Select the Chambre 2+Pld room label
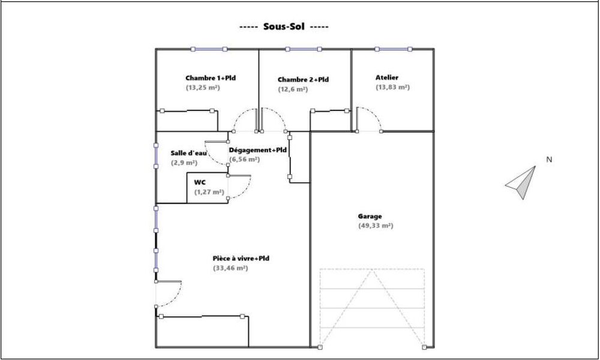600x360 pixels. tap(303, 80)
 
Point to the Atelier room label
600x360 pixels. tap(387, 77)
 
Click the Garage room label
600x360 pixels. tap(370, 216)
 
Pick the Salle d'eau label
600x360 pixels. tap(188, 154)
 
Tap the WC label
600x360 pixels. tap(200, 182)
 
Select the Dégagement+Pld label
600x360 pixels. tap(258, 150)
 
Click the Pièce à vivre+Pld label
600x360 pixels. tap(241, 259)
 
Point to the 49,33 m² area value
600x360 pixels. tap(375, 226)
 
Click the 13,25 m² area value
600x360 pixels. tap(203, 88)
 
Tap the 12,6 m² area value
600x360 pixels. tap(293, 89)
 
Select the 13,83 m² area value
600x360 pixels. tap(392, 87)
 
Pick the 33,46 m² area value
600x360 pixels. tap(230, 268)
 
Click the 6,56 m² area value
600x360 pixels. tap(244, 160)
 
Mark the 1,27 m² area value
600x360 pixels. tap(209, 192)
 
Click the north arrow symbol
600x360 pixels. tap(520, 182)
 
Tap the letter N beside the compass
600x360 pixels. tap(548, 160)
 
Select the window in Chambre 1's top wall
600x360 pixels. tap(208, 49)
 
